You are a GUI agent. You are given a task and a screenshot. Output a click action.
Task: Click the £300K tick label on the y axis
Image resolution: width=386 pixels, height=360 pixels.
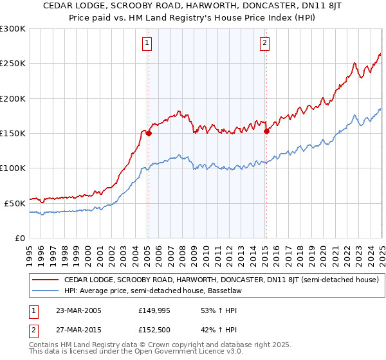tap(13, 29)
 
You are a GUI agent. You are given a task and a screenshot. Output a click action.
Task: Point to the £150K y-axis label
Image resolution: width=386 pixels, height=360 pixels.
tap(13, 133)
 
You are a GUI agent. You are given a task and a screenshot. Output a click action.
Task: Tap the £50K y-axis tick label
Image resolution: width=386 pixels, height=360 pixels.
tap(15, 203)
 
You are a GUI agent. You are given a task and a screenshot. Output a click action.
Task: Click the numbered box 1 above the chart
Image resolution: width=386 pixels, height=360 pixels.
tap(147, 43)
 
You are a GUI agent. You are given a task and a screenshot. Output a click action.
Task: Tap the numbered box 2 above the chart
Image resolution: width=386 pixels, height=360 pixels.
tap(265, 43)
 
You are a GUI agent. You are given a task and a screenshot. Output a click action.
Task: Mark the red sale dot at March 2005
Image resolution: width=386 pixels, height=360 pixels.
tap(149, 134)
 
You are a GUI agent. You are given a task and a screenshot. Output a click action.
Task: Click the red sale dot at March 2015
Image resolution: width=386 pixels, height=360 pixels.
tap(266, 132)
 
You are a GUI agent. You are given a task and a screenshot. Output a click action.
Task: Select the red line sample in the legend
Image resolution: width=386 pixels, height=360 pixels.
tap(45, 280)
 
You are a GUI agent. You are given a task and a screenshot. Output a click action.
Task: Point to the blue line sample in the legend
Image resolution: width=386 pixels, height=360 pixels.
tap(45, 291)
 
